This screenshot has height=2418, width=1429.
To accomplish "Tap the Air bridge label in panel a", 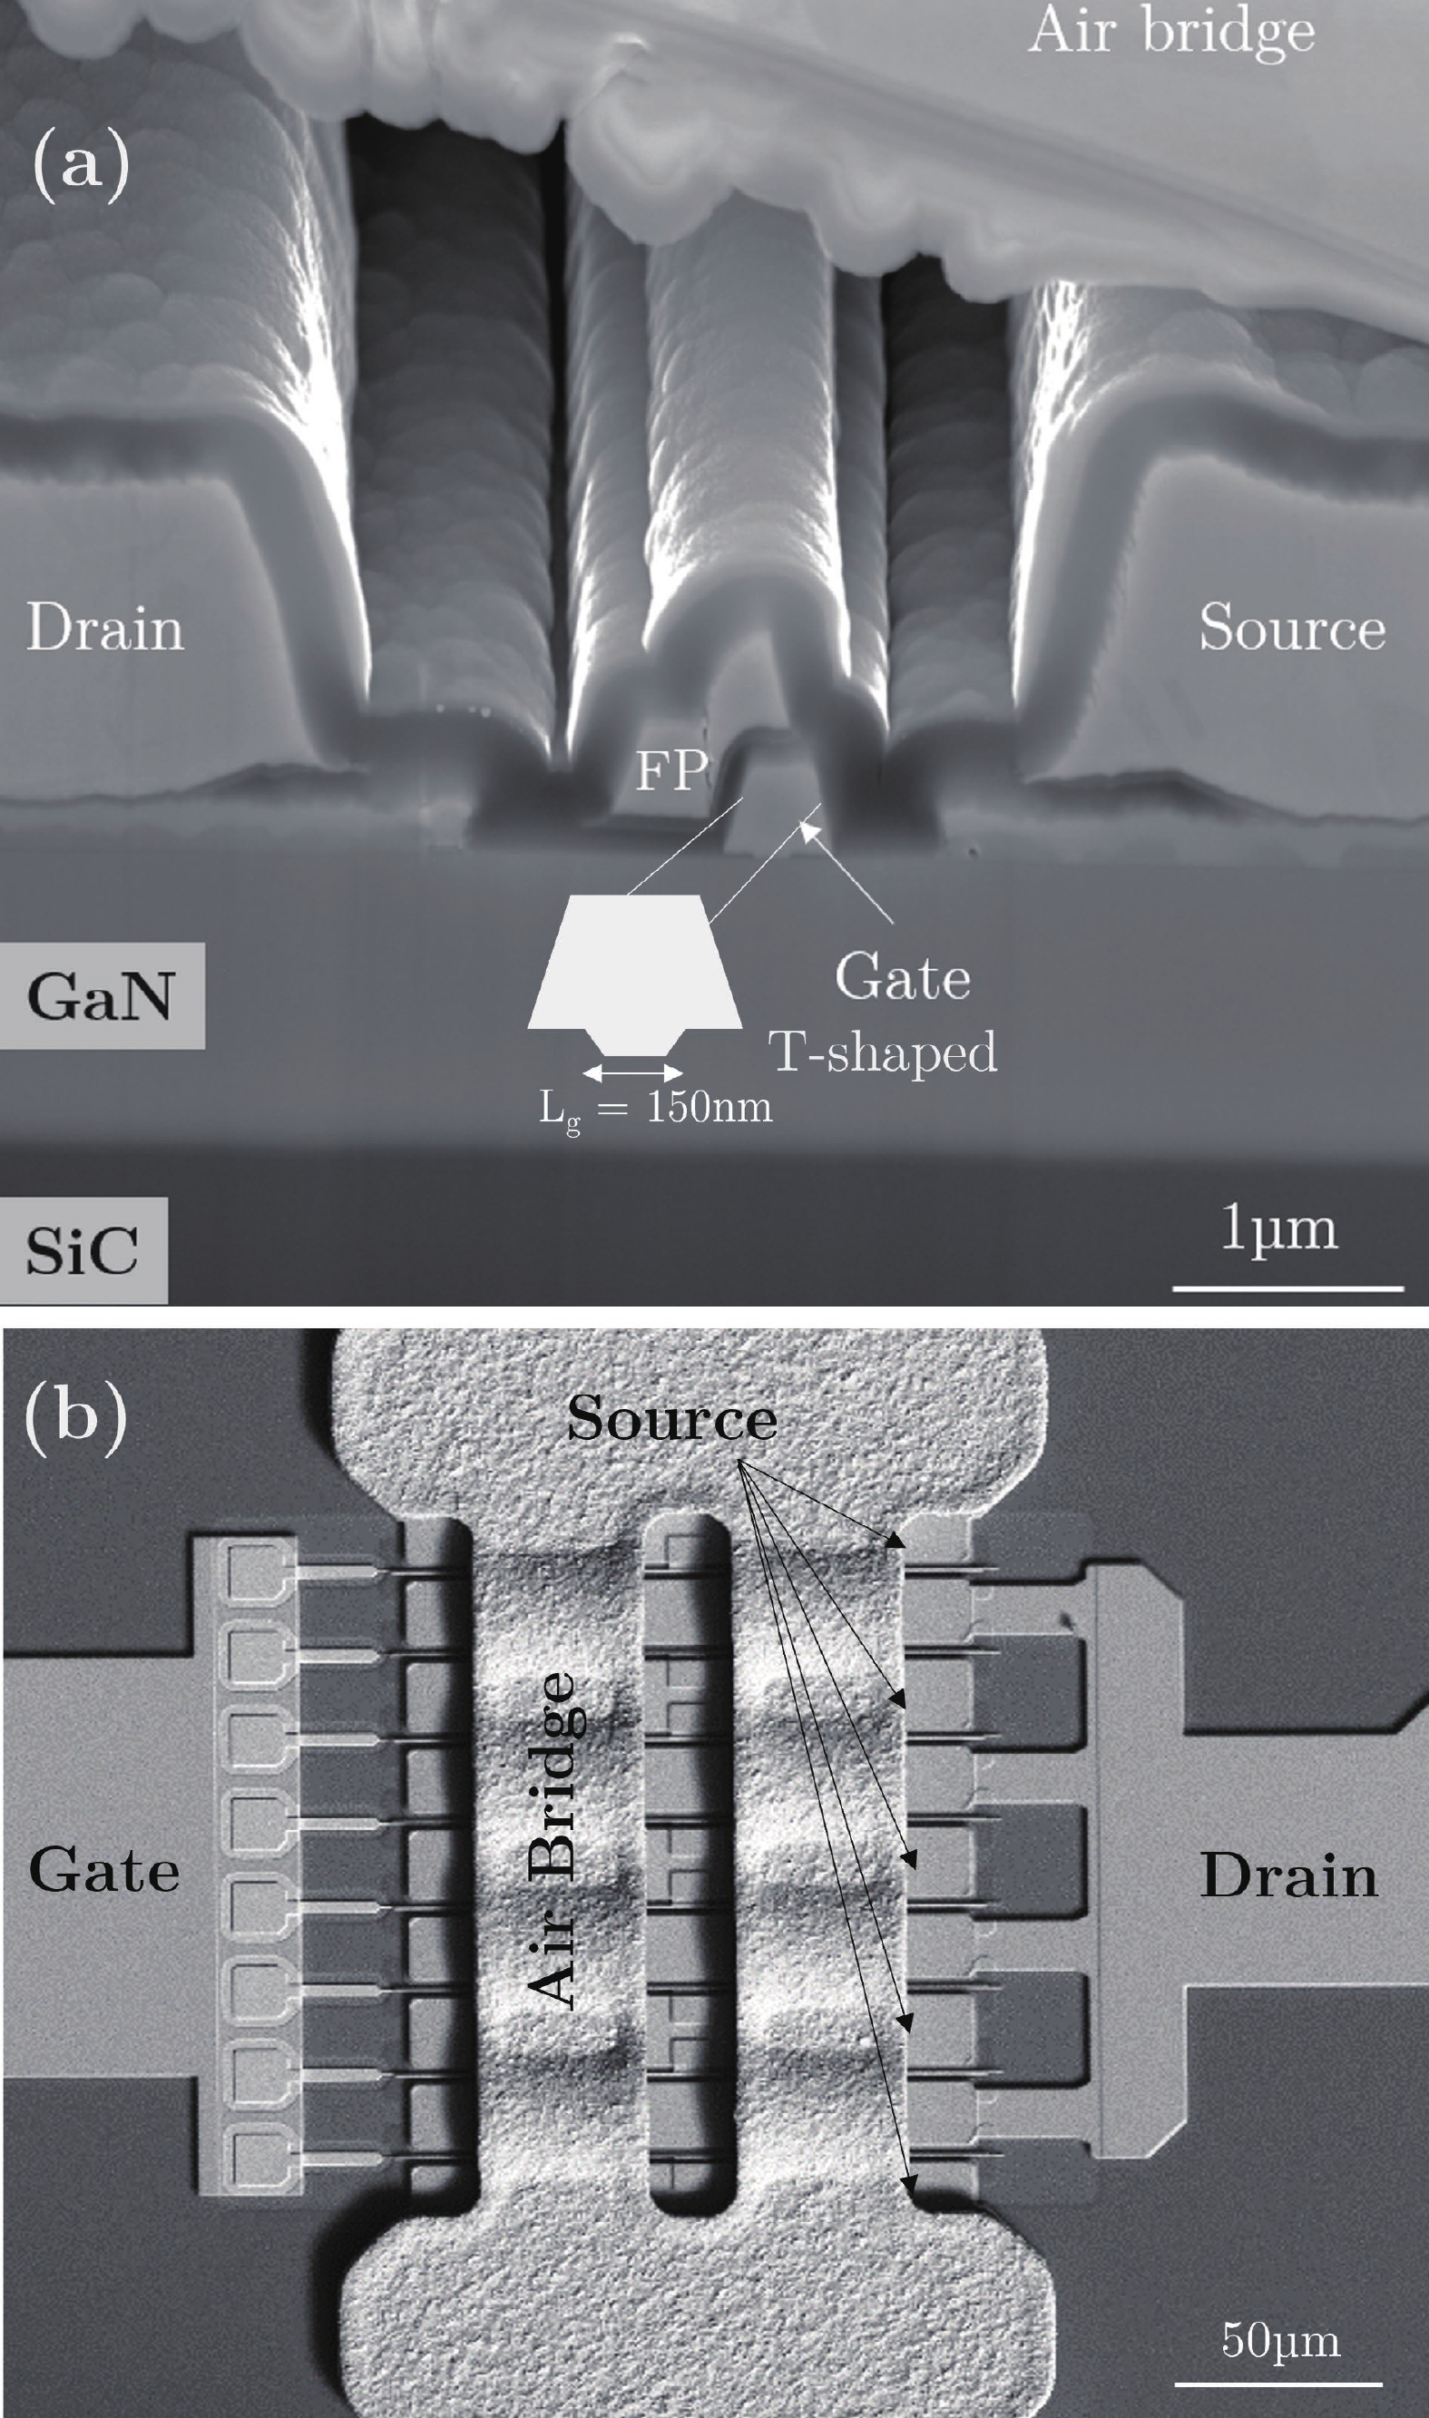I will click(x=1171, y=33).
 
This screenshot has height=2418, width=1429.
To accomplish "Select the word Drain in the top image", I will click(x=105, y=628).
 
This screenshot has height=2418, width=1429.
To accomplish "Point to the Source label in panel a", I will click(x=1291, y=628).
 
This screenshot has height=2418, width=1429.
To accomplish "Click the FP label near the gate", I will click(x=671, y=770).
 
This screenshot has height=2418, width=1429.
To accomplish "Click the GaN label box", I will click(x=100, y=995).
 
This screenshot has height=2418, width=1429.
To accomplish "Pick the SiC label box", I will click(x=83, y=1250).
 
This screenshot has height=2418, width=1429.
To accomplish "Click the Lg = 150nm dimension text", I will click(x=656, y=1109).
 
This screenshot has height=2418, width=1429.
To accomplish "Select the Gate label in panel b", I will click(x=104, y=1871).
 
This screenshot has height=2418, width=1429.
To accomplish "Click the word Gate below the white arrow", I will click(x=902, y=977).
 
